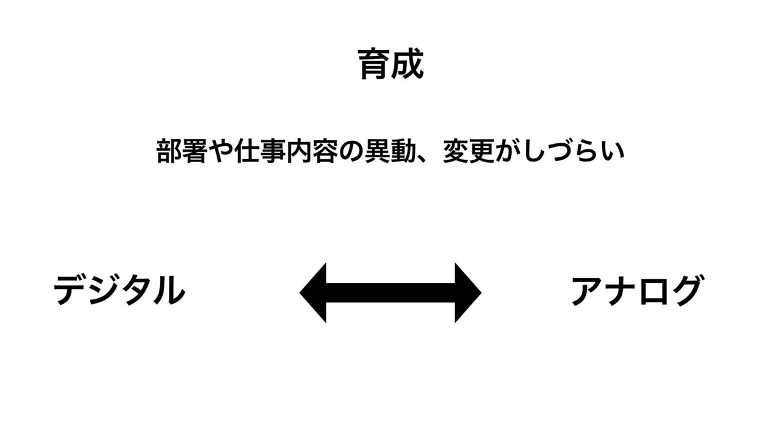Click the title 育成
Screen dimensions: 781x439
[x=390, y=64]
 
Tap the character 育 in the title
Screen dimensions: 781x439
[x=373, y=64]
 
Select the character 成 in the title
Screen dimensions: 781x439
[x=407, y=64]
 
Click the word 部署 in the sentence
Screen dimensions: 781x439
[x=181, y=151]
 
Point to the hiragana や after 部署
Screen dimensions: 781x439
[x=221, y=151]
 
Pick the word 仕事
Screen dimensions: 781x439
[x=261, y=151]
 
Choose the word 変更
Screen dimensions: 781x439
[x=469, y=151]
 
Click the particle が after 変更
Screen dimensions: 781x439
[x=508, y=151]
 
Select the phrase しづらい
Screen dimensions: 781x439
[x=574, y=151]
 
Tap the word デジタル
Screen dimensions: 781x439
[x=120, y=290]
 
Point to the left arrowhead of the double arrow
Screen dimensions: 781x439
[x=313, y=293]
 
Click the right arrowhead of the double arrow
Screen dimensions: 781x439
[x=468, y=293]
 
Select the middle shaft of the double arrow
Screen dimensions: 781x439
[x=390, y=293]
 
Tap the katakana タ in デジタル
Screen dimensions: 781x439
[x=136, y=291]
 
